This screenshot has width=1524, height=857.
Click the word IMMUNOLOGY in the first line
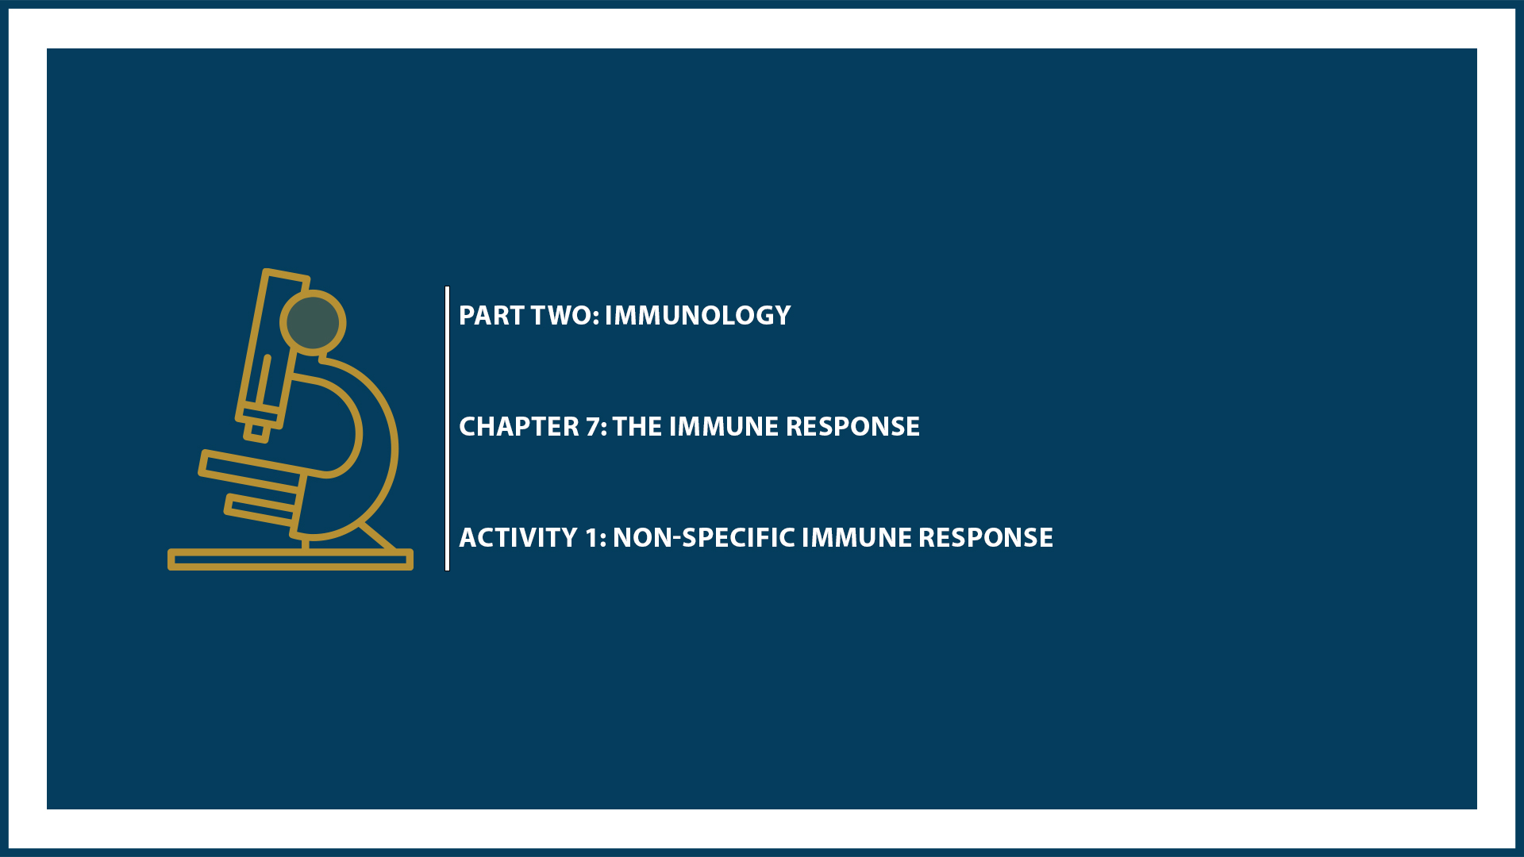[697, 316]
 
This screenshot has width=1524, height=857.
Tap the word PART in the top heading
[491, 316]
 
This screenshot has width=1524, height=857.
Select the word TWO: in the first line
[565, 316]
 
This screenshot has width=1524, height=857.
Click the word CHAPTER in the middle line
[519, 427]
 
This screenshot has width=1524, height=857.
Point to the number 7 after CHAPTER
[594, 427]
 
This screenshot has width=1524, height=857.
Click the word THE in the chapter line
[637, 427]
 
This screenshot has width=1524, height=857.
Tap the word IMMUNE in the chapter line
[723, 427]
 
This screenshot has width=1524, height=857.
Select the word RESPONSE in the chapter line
[852, 427]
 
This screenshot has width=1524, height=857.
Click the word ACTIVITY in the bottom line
[518, 538]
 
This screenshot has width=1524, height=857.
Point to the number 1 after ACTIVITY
[592, 538]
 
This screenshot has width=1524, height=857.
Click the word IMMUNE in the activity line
[856, 538]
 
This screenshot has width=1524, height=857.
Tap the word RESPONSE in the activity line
[986, 538]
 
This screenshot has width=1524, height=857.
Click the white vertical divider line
[448, 428]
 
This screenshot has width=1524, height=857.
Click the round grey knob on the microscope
[313, 322]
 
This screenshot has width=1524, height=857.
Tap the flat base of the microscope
[290, 559]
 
